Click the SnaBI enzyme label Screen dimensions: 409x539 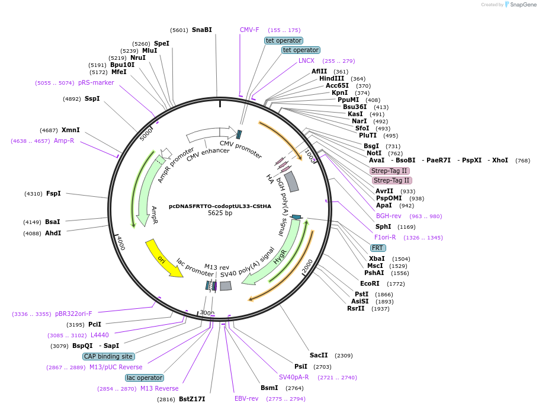(x=201, y=30)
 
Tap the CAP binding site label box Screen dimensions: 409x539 (x=108, y=356)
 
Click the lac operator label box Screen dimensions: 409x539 (x=145, y=378)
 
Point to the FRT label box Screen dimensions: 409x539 (x=377, y=248)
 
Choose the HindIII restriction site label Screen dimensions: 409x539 (x=332, y=78)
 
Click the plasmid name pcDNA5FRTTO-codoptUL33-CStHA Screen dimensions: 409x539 (x=220, y=206)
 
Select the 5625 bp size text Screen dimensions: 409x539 (x=220, y=213)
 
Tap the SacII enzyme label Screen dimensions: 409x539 (x=319, y=355)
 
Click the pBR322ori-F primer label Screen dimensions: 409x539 (x=73, y=314)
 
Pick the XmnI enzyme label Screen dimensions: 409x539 (x=70, y=130)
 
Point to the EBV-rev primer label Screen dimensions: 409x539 (x=246, y=398)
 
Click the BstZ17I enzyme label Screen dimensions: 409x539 (x=192, y=399)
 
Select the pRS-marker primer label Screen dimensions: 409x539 (x=96, y=82)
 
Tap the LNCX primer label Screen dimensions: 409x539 (x=306, y=60)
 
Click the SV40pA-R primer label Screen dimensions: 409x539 (x=294, y=377)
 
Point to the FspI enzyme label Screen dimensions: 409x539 (x=53, y=193)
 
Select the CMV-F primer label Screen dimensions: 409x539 (x=249, y=30)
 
